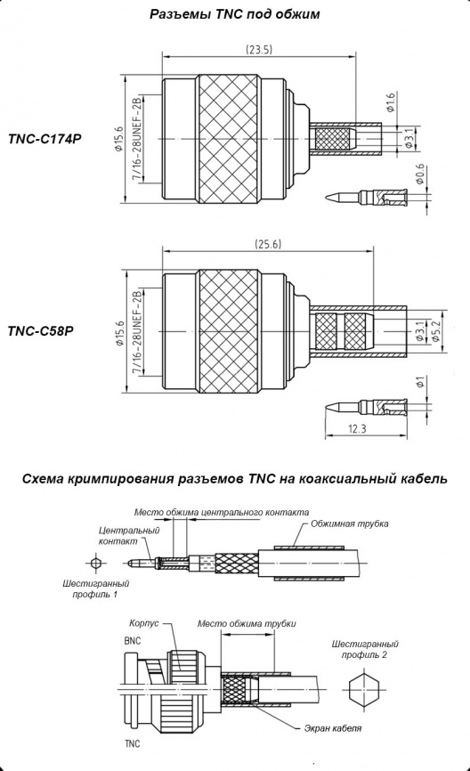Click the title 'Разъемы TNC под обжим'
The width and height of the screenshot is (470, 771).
pyautogui.click(x=234, y=14)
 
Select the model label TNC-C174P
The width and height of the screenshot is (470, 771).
pyautogui.click(x=45, y=139)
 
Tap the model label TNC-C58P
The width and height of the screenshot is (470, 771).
pyautogui.click(x=40, y=331)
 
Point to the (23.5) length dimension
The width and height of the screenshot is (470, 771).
pyautogui.click(x=259, y=50)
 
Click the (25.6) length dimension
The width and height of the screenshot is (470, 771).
pyautogui.click(x=268, y=244)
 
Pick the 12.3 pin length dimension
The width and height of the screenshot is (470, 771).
pyautogui.click(x=358, y=429)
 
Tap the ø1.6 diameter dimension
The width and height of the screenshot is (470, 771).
pyautogui.click(x=391, y=102)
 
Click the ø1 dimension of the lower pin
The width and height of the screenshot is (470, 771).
pyautogui.click(x=419, y=381)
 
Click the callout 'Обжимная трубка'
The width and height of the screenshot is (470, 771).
pyautogui.click(x=350, y=523)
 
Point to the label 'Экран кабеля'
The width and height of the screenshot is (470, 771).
pyautogui.click(x=332, y=728)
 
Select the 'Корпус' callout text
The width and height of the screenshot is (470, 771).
pyautogui.click(x=144, y=623)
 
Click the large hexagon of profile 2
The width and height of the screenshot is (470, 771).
pyautogui.click(x=364, y=685)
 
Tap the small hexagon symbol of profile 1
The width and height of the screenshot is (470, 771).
pyautogui.click(x=96, y=562)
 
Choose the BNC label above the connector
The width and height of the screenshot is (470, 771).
pyautogui.click(x=133, y=641)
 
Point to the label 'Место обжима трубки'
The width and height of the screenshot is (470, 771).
pyautogui.click(x=247, y=623)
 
